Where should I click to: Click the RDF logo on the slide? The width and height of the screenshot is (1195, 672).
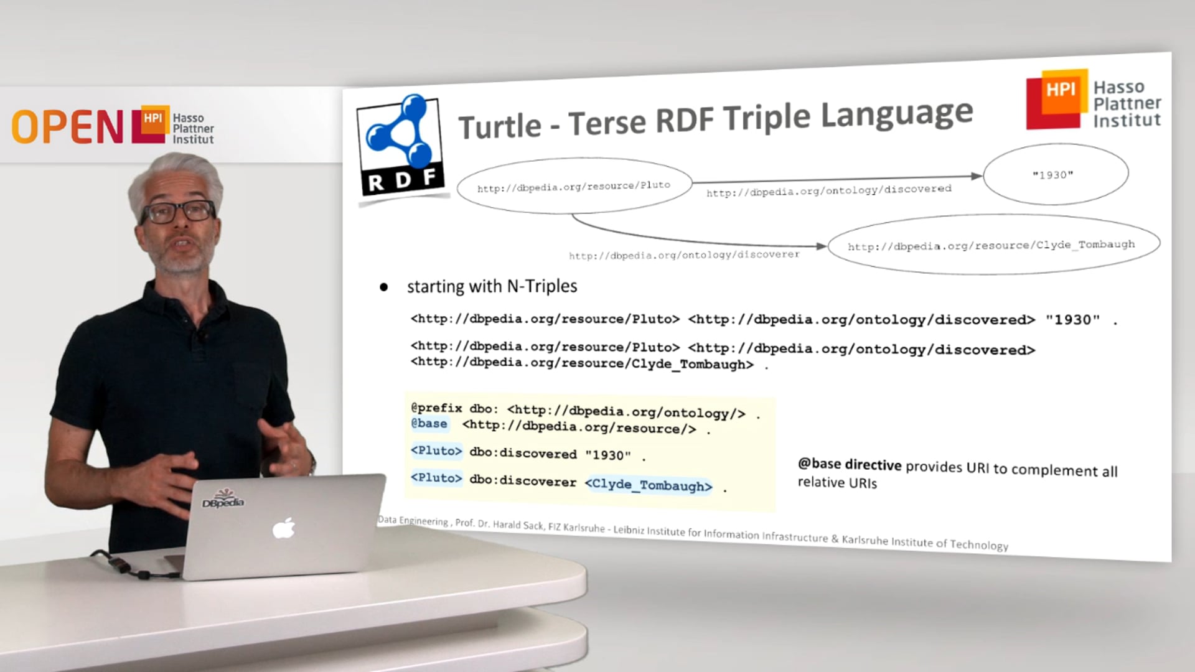point(401,147)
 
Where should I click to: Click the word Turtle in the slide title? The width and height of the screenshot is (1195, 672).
point(500,126)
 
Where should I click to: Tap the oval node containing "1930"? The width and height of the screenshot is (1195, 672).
point(1055,174)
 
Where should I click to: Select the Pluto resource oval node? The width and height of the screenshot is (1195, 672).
point(574,186)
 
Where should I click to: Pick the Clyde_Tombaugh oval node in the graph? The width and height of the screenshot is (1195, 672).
point(993,245)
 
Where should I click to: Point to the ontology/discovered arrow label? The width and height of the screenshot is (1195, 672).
point(828,190)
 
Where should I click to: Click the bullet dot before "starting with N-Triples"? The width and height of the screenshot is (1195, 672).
point(384,287)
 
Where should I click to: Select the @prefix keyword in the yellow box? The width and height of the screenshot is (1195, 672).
point(436,408)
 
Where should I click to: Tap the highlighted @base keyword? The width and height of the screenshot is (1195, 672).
point(429,424)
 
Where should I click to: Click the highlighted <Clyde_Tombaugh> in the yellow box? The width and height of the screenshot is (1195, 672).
point(649,485)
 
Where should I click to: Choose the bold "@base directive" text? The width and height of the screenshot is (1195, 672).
point(850,464)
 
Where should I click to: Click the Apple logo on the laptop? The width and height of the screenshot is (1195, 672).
point(284,529)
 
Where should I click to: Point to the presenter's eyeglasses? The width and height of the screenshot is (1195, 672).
point(178,212)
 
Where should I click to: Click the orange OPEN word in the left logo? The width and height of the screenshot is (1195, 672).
point(67,127)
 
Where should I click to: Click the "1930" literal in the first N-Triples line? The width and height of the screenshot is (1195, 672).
point(1073,320)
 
